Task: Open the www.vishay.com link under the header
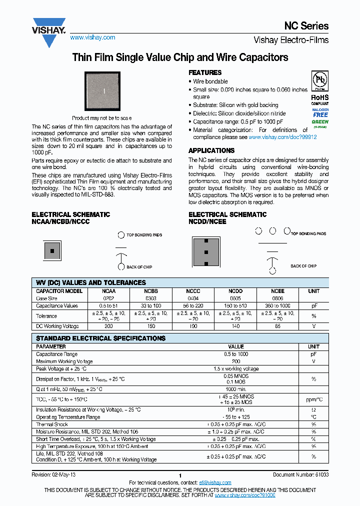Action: (x=92, y=37)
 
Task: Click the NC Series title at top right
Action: (x=306, y=26)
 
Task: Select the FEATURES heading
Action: (x=205, y=72)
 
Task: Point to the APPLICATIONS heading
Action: (x=211, y=150)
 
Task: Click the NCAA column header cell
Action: (x=109, y=291)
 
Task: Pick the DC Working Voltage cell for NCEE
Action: (x=277, y=326)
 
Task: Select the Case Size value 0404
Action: (x=193, y=298)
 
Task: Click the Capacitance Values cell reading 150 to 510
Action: (x=235, y=305)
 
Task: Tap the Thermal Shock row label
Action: (x=52, y=424)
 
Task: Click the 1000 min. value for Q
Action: (x=236, y=389)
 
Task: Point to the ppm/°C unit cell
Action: (x=313, y=399)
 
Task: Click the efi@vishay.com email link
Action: (x=215, y=482)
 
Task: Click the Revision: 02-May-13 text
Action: (x=54, y=475)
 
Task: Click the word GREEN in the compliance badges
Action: (x=320, y=121)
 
